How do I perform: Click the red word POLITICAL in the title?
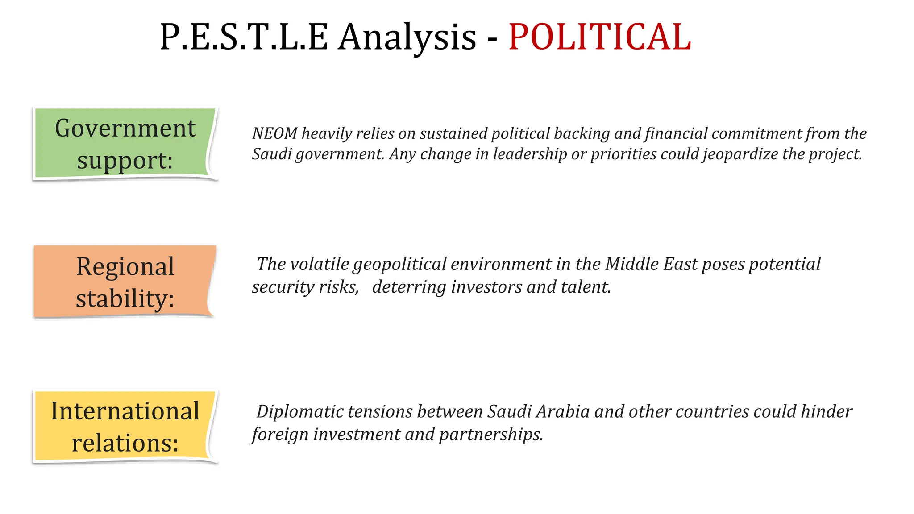(x=600, y=37)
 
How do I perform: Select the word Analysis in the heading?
(x=407, y=37)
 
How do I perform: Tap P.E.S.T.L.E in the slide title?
(x=244, y=37)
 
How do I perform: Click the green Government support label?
(x=125, y=144)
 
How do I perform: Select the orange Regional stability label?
(x=125, y=282)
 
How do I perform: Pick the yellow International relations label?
(x=125, y=426)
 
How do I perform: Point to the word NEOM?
(x=274, y=133)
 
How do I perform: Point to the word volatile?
(x=319, y=264)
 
